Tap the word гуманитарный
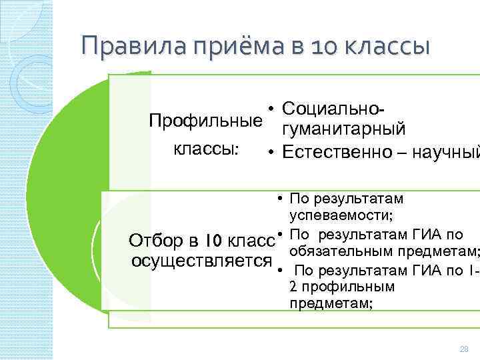coord(343,129)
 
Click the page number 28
coord(464,349)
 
